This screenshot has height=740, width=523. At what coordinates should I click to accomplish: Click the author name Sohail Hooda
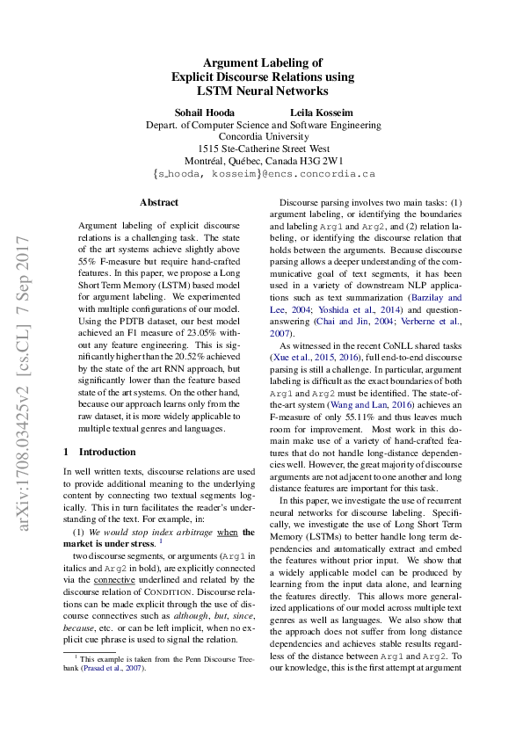point(205,112)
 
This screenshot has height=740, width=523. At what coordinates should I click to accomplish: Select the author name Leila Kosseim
point(319,112)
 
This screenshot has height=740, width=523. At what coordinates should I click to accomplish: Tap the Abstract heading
point(158,201)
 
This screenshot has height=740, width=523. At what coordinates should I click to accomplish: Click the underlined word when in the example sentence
point(227,532)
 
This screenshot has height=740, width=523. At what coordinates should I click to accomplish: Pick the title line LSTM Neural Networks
point(262,90)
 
